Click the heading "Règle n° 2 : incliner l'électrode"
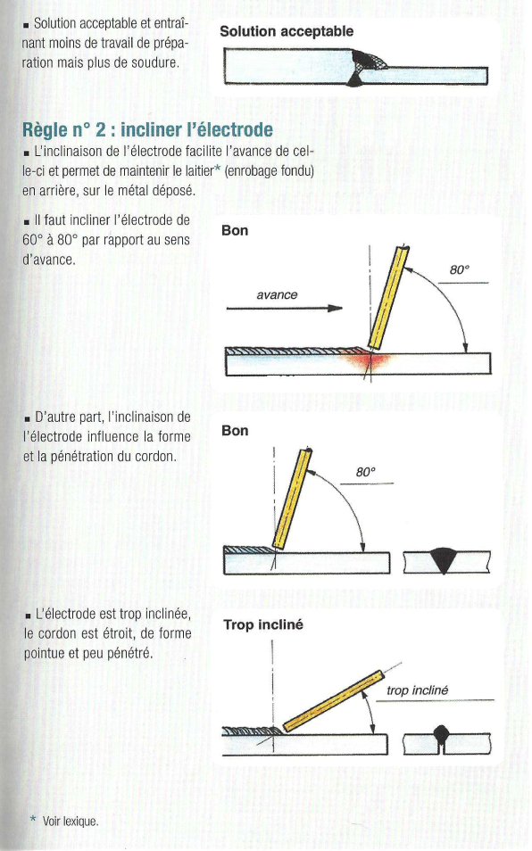tap(147, 130)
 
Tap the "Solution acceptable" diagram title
tap(287, 31)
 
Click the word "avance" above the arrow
tap(277, 294)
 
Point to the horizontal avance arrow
tap(285, 309)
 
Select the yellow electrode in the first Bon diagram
tap(388, 297)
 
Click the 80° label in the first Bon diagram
tap(460, 269)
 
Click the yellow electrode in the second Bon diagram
tap(293, 499)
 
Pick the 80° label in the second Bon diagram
tap(366, 472)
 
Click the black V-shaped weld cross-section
tap(444, 560)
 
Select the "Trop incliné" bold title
tap(263, 624)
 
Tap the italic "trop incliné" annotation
tap(418, 690)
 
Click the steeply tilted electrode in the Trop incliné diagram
tap(333, 701)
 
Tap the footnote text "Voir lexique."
tap(71, 822)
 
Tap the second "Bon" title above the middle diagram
tap(235, 431)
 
